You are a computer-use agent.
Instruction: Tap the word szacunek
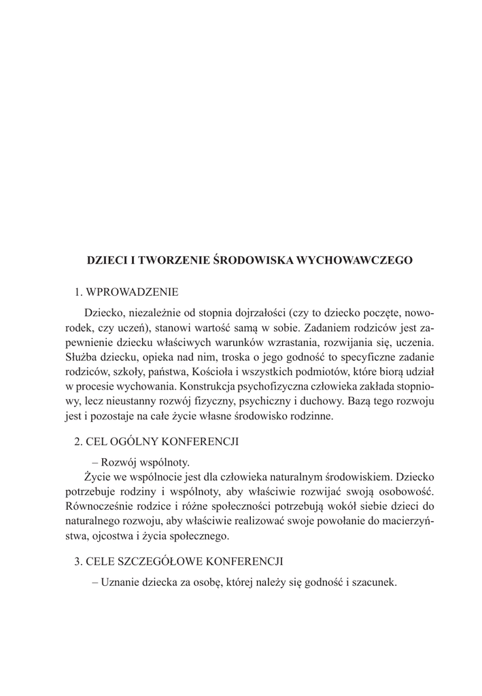pyautogui.click(x=373, y=582)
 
